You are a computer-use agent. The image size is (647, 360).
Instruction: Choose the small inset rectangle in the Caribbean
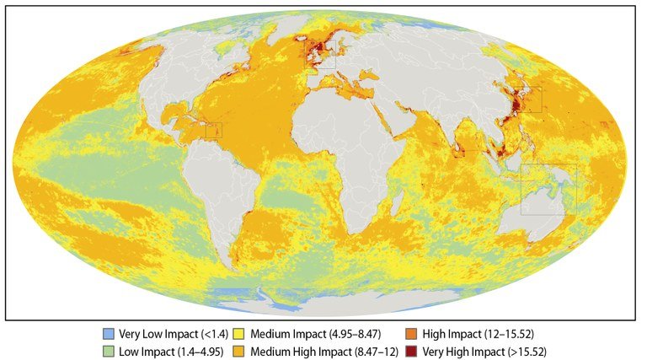(214, 131)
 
